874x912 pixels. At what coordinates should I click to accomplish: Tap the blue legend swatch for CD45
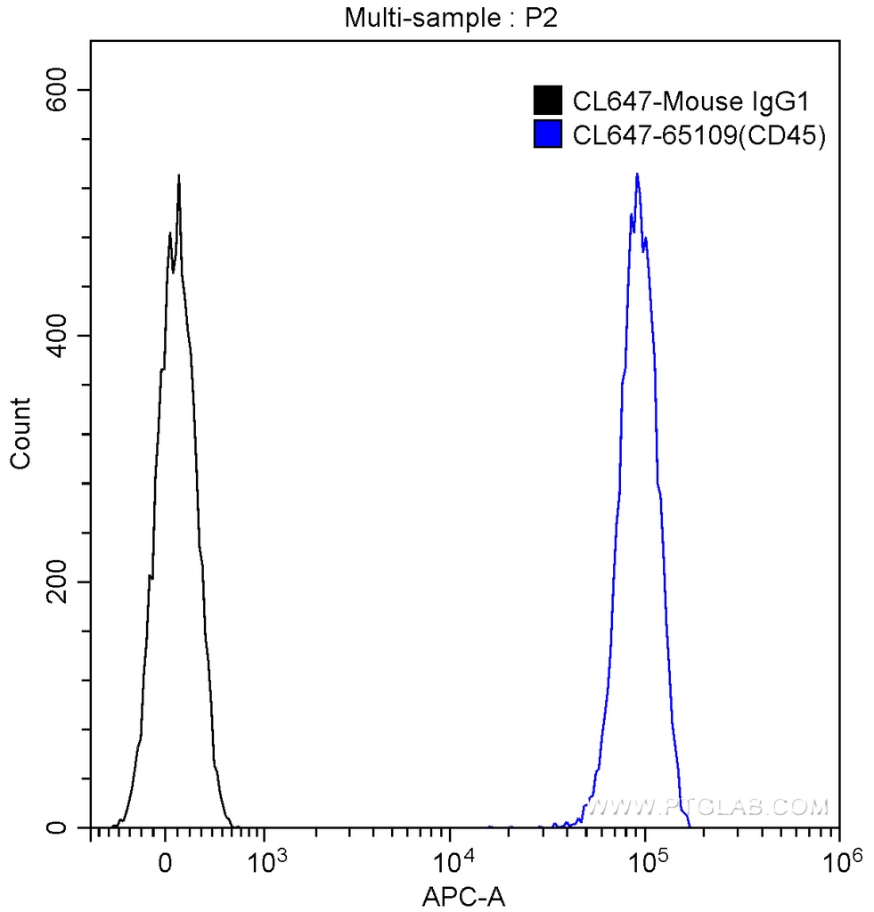[x=547, y=134]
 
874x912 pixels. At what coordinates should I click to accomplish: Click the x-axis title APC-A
[x=463, y=895]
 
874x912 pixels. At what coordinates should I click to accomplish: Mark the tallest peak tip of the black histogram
[x=179, y=175]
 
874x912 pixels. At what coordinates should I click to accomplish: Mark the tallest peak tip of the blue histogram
[x=637, y=175]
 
